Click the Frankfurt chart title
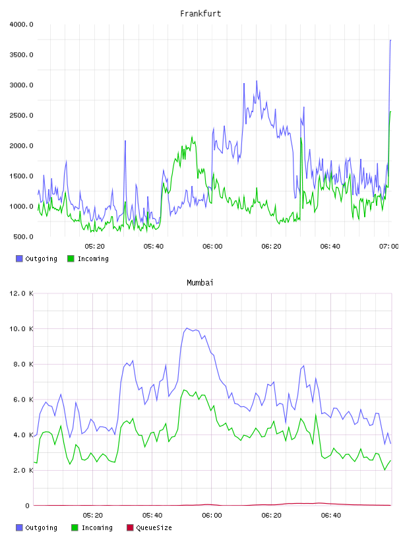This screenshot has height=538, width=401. [200, 14]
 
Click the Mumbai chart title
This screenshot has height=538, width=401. [200, 283]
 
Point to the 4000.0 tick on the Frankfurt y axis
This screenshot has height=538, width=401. [21, 24]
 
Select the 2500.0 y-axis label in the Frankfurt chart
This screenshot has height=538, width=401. [21, 115]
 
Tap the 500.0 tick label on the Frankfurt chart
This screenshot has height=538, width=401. [23, 237]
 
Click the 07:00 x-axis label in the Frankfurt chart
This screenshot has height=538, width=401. [389, 247]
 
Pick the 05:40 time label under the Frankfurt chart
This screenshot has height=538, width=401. [154, 247]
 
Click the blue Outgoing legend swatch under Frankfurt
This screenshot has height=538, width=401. [19, 258]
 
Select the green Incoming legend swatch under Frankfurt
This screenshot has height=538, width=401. [71, 258]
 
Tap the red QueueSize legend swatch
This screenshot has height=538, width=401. [130, 527]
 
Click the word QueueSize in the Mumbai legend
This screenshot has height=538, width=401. [154, 528]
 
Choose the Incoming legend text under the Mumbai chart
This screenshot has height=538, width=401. [97, 528]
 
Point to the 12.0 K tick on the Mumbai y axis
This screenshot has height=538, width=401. [21, 293]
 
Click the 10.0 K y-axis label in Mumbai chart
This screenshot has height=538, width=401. [21, 329]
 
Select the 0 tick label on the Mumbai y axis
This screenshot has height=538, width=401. [28, 506]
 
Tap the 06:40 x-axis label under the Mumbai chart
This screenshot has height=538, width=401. [331, 516]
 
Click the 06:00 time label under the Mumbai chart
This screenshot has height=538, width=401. [212, 516]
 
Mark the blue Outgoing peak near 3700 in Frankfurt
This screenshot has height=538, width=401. [390, 40]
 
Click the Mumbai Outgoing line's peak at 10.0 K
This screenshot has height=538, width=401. [187, 328]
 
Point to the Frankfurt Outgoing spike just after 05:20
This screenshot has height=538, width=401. [125, 140]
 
